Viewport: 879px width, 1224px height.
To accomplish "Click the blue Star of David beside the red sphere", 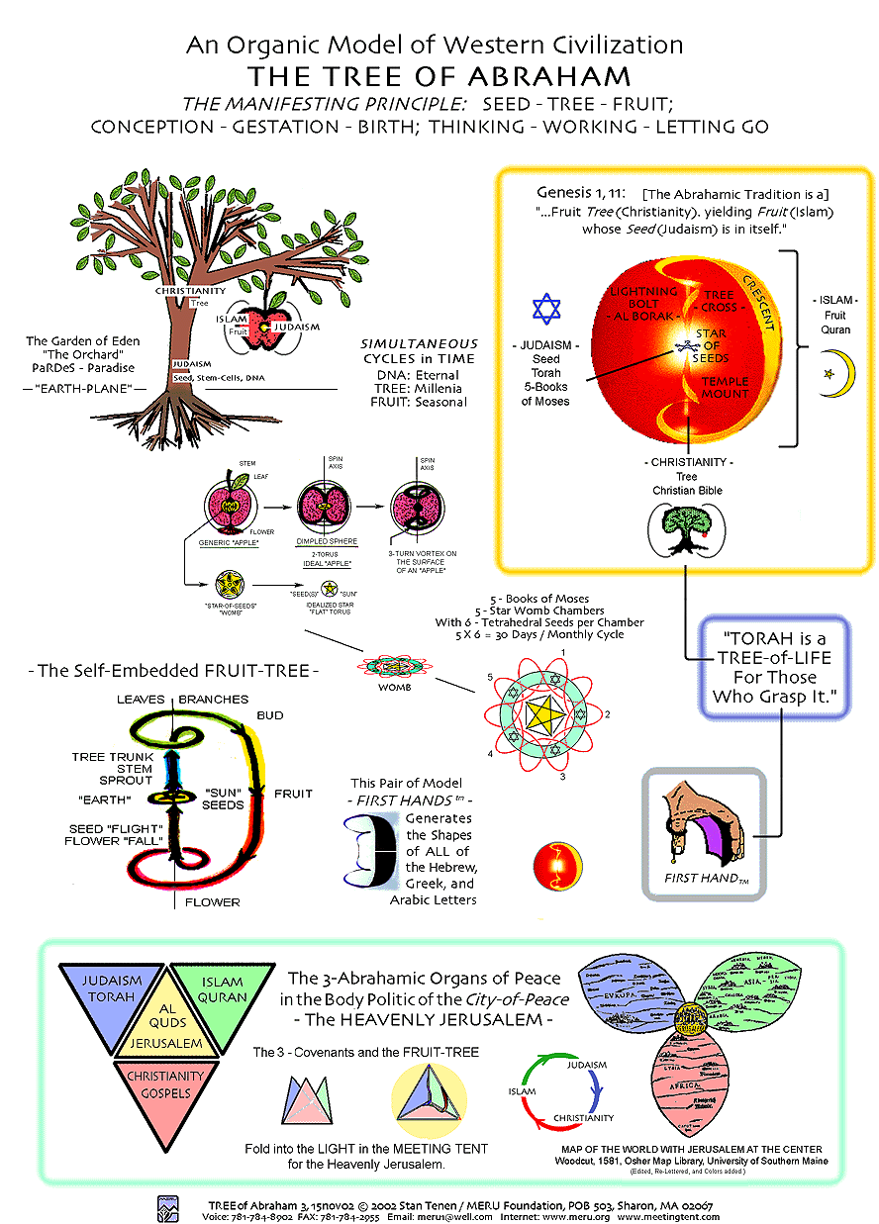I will [x=546, y=308].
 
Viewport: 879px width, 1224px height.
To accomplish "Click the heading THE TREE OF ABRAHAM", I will [x=439, y=76].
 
